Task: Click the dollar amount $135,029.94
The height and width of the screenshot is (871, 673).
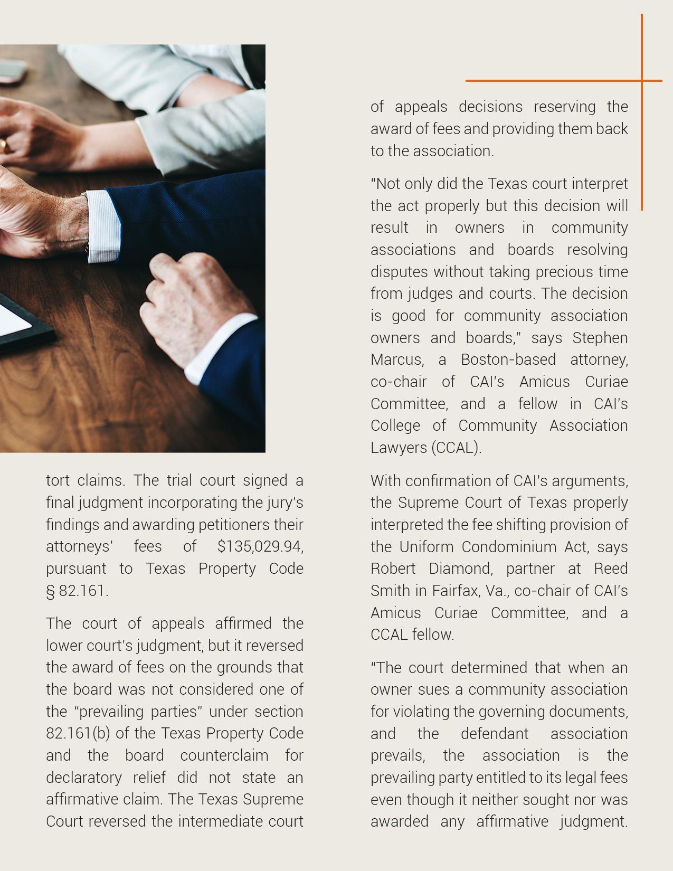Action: pos(260,546)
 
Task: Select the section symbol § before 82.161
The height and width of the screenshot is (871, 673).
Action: pos(51,591)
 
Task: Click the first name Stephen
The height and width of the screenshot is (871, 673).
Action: pos(600,338)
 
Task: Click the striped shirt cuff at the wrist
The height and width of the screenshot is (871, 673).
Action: pos(103,227)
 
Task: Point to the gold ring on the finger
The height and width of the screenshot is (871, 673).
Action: pos(3,145)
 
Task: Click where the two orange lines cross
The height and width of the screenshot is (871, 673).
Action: pos(642,81)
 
